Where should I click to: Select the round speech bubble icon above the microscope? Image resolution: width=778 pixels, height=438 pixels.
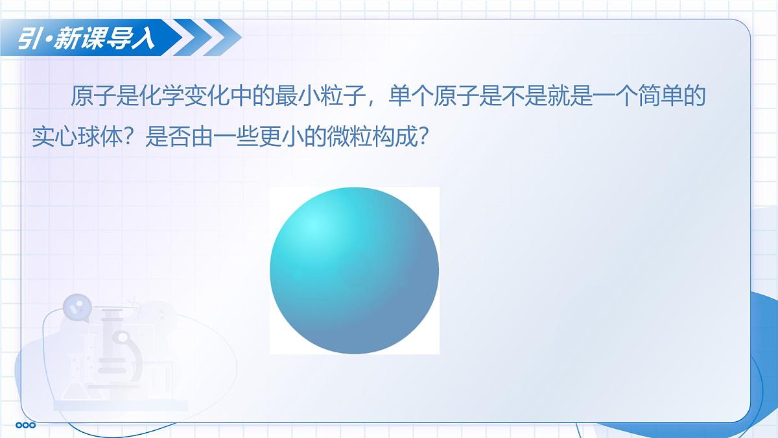pos(78,307)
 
